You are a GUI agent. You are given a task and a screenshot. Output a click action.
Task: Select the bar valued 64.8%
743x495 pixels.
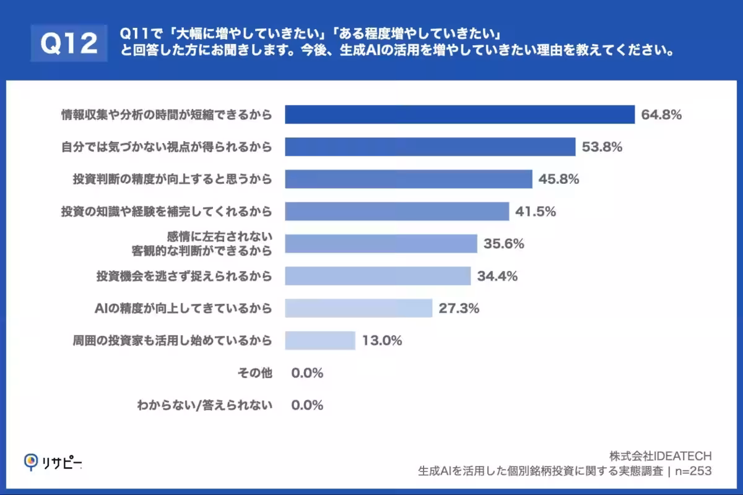[x=459, y=114]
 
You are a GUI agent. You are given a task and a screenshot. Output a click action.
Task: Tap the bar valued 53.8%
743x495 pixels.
[x=430, y=147]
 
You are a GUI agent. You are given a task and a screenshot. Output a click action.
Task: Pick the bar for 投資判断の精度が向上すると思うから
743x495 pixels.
[x=409, y=179]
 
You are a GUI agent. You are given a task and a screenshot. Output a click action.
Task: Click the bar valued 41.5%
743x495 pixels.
[x=397, y=211]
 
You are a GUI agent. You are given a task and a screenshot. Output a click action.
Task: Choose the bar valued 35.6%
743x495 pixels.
[x=381, y=243]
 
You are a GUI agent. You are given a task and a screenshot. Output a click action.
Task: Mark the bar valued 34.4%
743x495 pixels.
[x=378, y=275]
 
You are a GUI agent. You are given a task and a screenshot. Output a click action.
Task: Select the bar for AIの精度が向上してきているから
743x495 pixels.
[x=358, y=308]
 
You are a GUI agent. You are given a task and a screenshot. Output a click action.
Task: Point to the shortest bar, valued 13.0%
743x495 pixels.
[x=320, y=340]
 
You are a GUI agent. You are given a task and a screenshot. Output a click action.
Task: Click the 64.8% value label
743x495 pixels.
[x=661, y=114]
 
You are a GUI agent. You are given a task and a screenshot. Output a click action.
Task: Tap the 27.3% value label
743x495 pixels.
[x=459, y=308]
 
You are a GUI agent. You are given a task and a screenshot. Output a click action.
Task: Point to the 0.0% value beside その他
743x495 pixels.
[x=307, y=373]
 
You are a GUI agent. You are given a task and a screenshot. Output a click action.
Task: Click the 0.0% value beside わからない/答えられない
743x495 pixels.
[x=307, y=405]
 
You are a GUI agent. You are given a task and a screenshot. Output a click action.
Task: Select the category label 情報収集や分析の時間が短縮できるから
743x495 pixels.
[x=167, y=114]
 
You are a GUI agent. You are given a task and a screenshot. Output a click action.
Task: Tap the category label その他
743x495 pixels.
[x=255, y=373]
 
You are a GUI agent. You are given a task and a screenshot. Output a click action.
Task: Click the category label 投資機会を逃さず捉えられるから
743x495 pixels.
[x=184, y=275]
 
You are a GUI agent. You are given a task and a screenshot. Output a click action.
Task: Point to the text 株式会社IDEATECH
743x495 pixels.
[x=660, y=456]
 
